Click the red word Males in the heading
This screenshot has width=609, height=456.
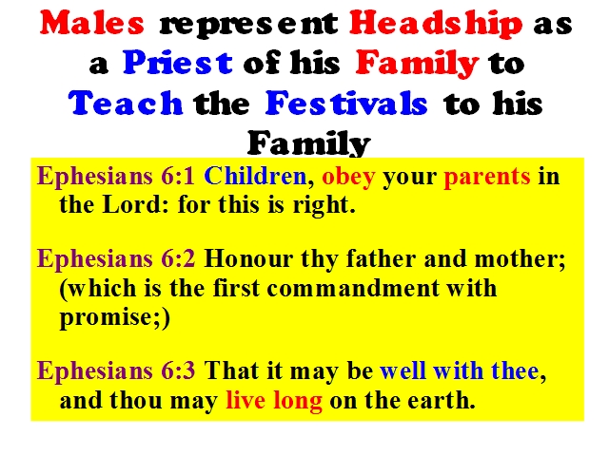coord(92,23)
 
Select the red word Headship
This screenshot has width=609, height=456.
coord(436,25)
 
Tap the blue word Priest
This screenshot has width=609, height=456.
coord(178,62)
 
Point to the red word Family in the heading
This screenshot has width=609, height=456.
coord(417,64)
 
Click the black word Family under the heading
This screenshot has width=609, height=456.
coord(308,143)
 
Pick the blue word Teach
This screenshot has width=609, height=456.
coord(126,103)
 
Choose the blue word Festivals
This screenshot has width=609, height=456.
coord(346,103)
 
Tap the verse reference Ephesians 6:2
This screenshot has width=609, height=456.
coord(116,259)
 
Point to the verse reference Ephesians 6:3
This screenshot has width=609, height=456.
coord(116,370)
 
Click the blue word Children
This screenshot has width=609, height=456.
coord(256,176)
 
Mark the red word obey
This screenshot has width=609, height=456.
coord(348,178)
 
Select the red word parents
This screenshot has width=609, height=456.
coord(487,178)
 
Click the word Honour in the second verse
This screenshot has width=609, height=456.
coord(248,258)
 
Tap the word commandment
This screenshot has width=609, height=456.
coord(353,288)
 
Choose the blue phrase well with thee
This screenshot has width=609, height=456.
coord(460,370)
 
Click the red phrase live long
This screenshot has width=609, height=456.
coord(274,401)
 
